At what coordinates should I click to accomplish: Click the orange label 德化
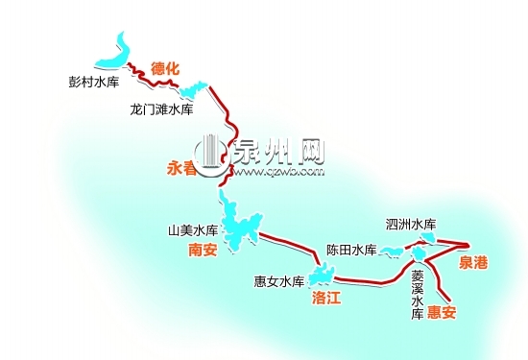coord(165,69)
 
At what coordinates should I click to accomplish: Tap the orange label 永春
coord(181,167)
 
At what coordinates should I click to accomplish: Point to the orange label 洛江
coord(327,299)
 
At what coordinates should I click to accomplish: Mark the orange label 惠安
coord(443,311)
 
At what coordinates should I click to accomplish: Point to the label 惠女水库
coord(278,282)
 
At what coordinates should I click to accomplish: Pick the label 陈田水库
coord(349,250)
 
